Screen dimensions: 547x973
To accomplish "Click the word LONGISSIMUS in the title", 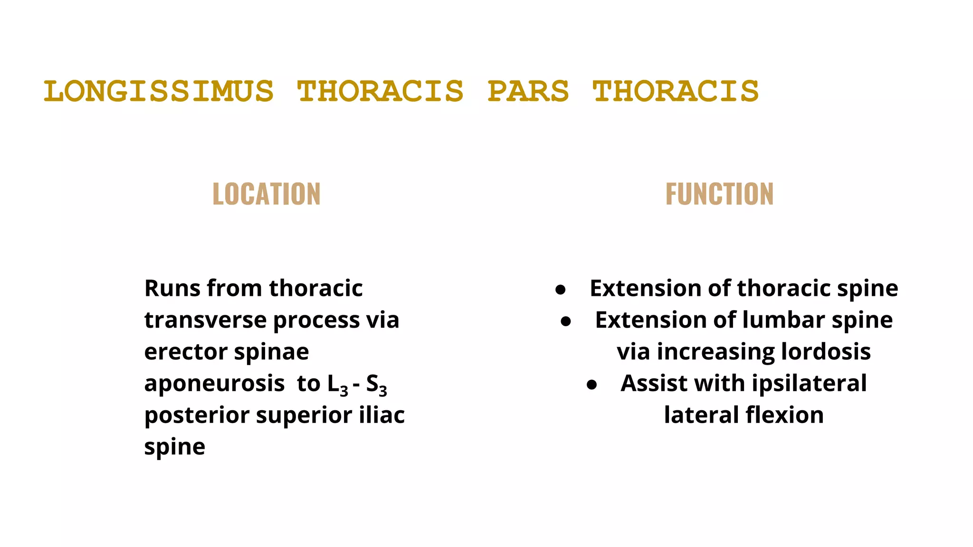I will [159, 91].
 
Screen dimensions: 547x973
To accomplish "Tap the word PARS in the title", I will [528, 91].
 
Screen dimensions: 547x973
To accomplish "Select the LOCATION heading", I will [267, 194].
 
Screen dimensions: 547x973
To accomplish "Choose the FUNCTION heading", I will [719, 194].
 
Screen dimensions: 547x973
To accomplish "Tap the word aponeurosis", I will [214, 384].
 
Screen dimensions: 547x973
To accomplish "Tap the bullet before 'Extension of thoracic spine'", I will [561, 290].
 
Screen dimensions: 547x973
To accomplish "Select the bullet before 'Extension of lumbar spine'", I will [566, 321].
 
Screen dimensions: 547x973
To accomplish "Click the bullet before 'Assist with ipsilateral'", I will [591, 385].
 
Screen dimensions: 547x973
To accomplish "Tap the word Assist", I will [654, 383].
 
